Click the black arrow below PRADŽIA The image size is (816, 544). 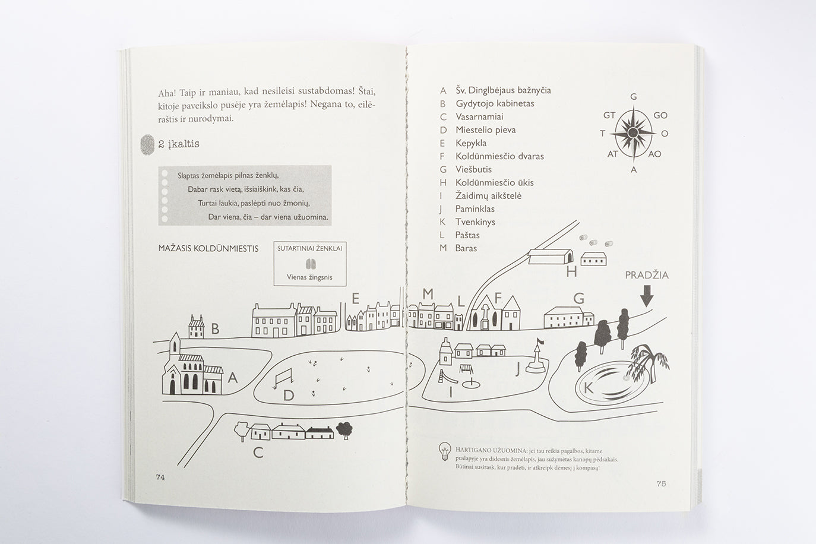[647, 295]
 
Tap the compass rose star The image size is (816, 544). [633, 132]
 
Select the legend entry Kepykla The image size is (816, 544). [471, 143]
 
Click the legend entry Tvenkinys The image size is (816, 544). [475, 222]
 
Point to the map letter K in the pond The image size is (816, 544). [589, 388]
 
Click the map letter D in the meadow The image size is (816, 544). [289, 396]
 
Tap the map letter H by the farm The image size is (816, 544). [571, 271]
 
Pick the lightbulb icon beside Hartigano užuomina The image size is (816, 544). [444, 451]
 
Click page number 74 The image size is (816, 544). [160, 477]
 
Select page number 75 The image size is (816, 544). [661, 483]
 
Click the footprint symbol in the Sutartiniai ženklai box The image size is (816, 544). [309, 264]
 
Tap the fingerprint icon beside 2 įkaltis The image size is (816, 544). [147, 144]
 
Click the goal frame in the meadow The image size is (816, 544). [283, 378]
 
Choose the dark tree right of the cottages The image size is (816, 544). [344, 430]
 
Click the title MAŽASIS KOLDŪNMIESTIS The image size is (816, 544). [208, 248]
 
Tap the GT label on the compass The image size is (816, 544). [609, 115]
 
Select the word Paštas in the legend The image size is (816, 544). [467, 235]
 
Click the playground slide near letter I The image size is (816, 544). [442, 376]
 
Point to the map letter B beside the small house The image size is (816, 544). [216, 329]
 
